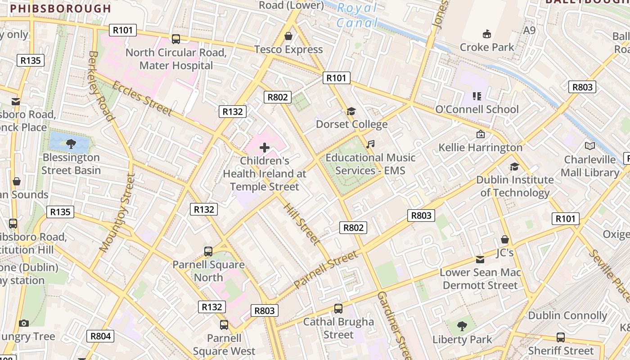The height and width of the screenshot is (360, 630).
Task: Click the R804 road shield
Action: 100,336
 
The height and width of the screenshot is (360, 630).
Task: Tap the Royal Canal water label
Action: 357,15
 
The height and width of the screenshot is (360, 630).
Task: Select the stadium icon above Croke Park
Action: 486,34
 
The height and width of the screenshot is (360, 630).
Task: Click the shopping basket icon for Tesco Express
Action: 288,36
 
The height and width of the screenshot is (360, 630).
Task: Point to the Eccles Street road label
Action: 142,98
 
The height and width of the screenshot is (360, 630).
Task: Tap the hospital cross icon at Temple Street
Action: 265,148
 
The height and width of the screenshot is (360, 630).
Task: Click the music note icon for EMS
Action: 370,144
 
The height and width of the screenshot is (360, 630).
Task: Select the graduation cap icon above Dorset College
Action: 351,111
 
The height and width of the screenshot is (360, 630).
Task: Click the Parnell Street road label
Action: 326,269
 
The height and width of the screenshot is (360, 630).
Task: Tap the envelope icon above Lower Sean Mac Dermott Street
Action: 480,260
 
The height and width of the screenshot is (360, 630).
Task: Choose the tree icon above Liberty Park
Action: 462,326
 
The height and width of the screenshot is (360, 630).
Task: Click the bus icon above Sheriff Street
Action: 561,337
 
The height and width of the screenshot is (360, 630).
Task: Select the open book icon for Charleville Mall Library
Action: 589,146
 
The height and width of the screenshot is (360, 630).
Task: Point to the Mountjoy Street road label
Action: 117,212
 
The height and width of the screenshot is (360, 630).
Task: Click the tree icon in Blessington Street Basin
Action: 71,144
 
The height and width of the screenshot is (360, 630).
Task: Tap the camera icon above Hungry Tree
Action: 24,323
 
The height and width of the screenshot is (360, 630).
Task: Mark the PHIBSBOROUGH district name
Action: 60,9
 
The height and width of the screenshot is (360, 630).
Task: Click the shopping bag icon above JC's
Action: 505,239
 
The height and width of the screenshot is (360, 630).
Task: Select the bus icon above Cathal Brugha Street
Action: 338,309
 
